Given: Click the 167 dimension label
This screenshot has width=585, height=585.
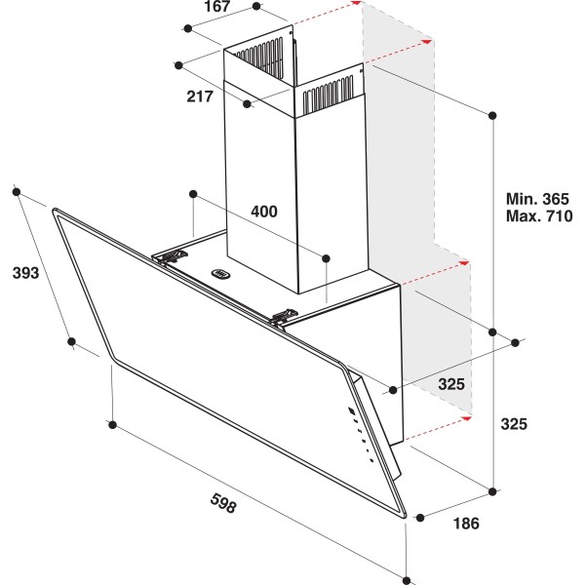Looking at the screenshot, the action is click(x=217, y=7).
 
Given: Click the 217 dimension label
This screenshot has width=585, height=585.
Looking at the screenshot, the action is click(x=200, y=97).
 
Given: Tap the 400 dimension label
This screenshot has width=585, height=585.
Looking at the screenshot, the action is click(x=264, y=212).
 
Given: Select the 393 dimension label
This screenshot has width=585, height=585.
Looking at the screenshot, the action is click(x=25, y=273).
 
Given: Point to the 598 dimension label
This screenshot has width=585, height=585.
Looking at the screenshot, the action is click(x=223, y=503).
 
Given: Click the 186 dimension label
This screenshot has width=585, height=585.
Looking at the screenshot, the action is click(x=466, y=524).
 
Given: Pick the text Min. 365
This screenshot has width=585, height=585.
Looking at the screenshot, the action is click(x=537, y=199).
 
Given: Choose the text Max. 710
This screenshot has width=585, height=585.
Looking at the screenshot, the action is click(x=539, y=216).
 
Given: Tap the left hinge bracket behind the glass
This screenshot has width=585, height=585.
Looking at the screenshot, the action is click(x=173, y=256).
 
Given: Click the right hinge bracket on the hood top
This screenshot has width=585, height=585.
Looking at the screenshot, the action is click(x=285, y=317).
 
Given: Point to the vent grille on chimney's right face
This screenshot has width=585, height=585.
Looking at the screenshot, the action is click(x=328, y=95).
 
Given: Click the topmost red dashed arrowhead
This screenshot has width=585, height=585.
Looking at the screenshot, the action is click(x=357, y=2).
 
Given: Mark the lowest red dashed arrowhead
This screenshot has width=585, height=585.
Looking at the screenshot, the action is click(x=466, y=418).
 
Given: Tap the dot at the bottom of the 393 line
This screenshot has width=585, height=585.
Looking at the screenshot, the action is click(x=71, y=341).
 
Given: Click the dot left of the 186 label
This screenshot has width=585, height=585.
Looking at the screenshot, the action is click(x=420, y=518).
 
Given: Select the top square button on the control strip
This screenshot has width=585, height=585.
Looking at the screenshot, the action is click(x=351, y=411).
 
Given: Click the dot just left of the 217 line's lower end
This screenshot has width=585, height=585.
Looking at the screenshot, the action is click(x=247, y=103).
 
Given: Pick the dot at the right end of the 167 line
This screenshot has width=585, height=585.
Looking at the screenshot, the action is click(x=256, y=6).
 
